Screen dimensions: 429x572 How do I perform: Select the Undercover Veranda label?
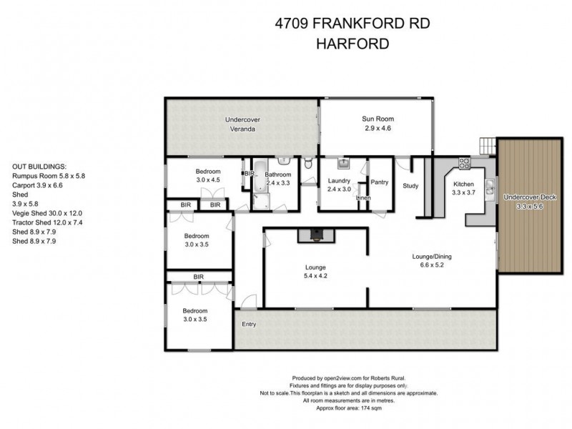(x=240, y=124)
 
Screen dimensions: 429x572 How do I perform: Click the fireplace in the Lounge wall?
(x=315, y=233)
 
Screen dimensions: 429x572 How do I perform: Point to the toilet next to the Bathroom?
(x=308, y=165)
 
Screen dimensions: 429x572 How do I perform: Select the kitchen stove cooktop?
(x=463, y=162)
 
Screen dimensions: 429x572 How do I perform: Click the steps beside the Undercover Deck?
(x=488, y=144)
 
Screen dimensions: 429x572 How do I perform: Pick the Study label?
(x=410, y=187)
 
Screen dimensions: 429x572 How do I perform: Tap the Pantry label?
(x=380, y=182)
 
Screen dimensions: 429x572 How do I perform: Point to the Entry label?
(x=249, y=324)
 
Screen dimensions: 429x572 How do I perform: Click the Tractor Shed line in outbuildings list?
(x=48, y=222)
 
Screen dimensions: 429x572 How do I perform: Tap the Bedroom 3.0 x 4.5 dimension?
(x=209, y=180)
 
